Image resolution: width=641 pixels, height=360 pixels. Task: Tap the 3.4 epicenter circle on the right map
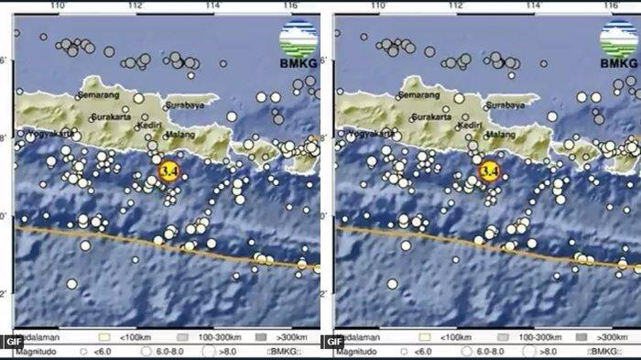(489, 170)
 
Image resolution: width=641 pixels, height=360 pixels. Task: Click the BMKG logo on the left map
(298, 46)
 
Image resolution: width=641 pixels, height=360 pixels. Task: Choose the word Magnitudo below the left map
(36, 350)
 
